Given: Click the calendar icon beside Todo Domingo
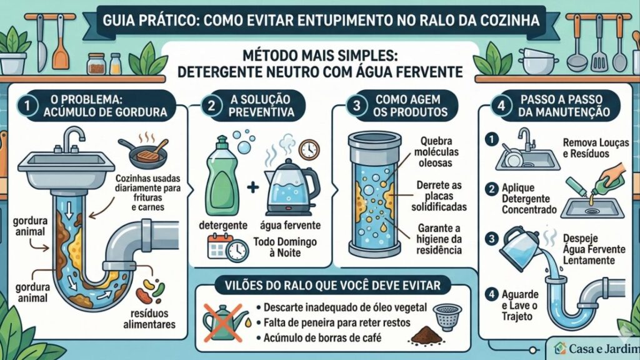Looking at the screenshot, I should click(x=219, y=246).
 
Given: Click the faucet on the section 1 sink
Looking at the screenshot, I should click(x=74, y=139).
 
